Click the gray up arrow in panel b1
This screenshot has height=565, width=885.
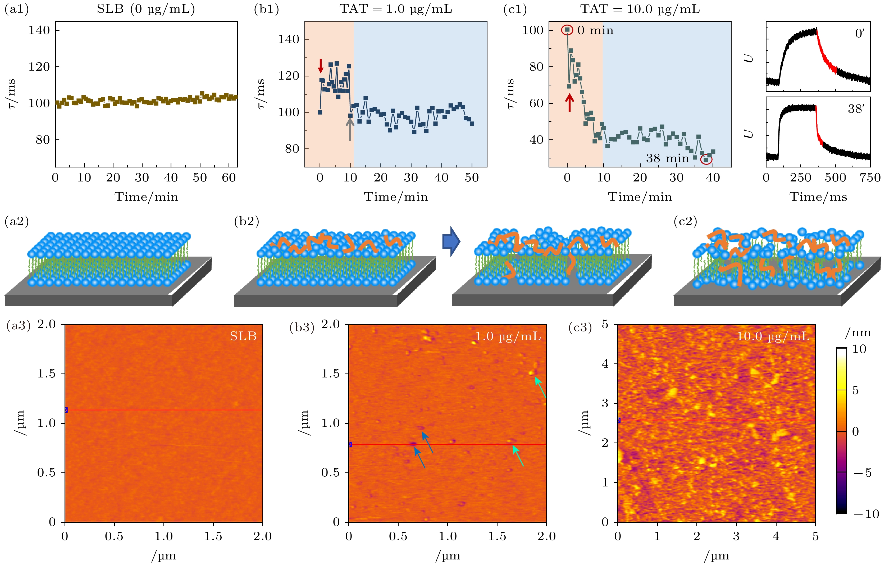(x=350, y=129)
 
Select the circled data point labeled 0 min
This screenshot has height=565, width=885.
(x=567, y=30)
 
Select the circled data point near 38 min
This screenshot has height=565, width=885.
(x=706, y=160)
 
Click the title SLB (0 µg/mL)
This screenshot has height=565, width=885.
(x=146, y=9)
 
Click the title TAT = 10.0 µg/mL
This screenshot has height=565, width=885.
(x=640, y=9)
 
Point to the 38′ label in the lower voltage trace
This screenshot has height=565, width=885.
(x=856, y=109)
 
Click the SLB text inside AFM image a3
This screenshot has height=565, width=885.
(x=243, y=336)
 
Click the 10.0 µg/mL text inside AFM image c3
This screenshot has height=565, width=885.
(x=773, y=336)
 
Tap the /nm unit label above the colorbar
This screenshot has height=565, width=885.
(x=858, y=333)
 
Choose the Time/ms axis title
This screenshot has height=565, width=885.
(x=818, y=197)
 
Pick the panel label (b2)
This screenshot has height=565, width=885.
(x=247, y=221)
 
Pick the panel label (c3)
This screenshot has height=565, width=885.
(x=580, y=327)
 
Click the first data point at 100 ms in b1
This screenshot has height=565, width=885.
(x=320, y=112)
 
